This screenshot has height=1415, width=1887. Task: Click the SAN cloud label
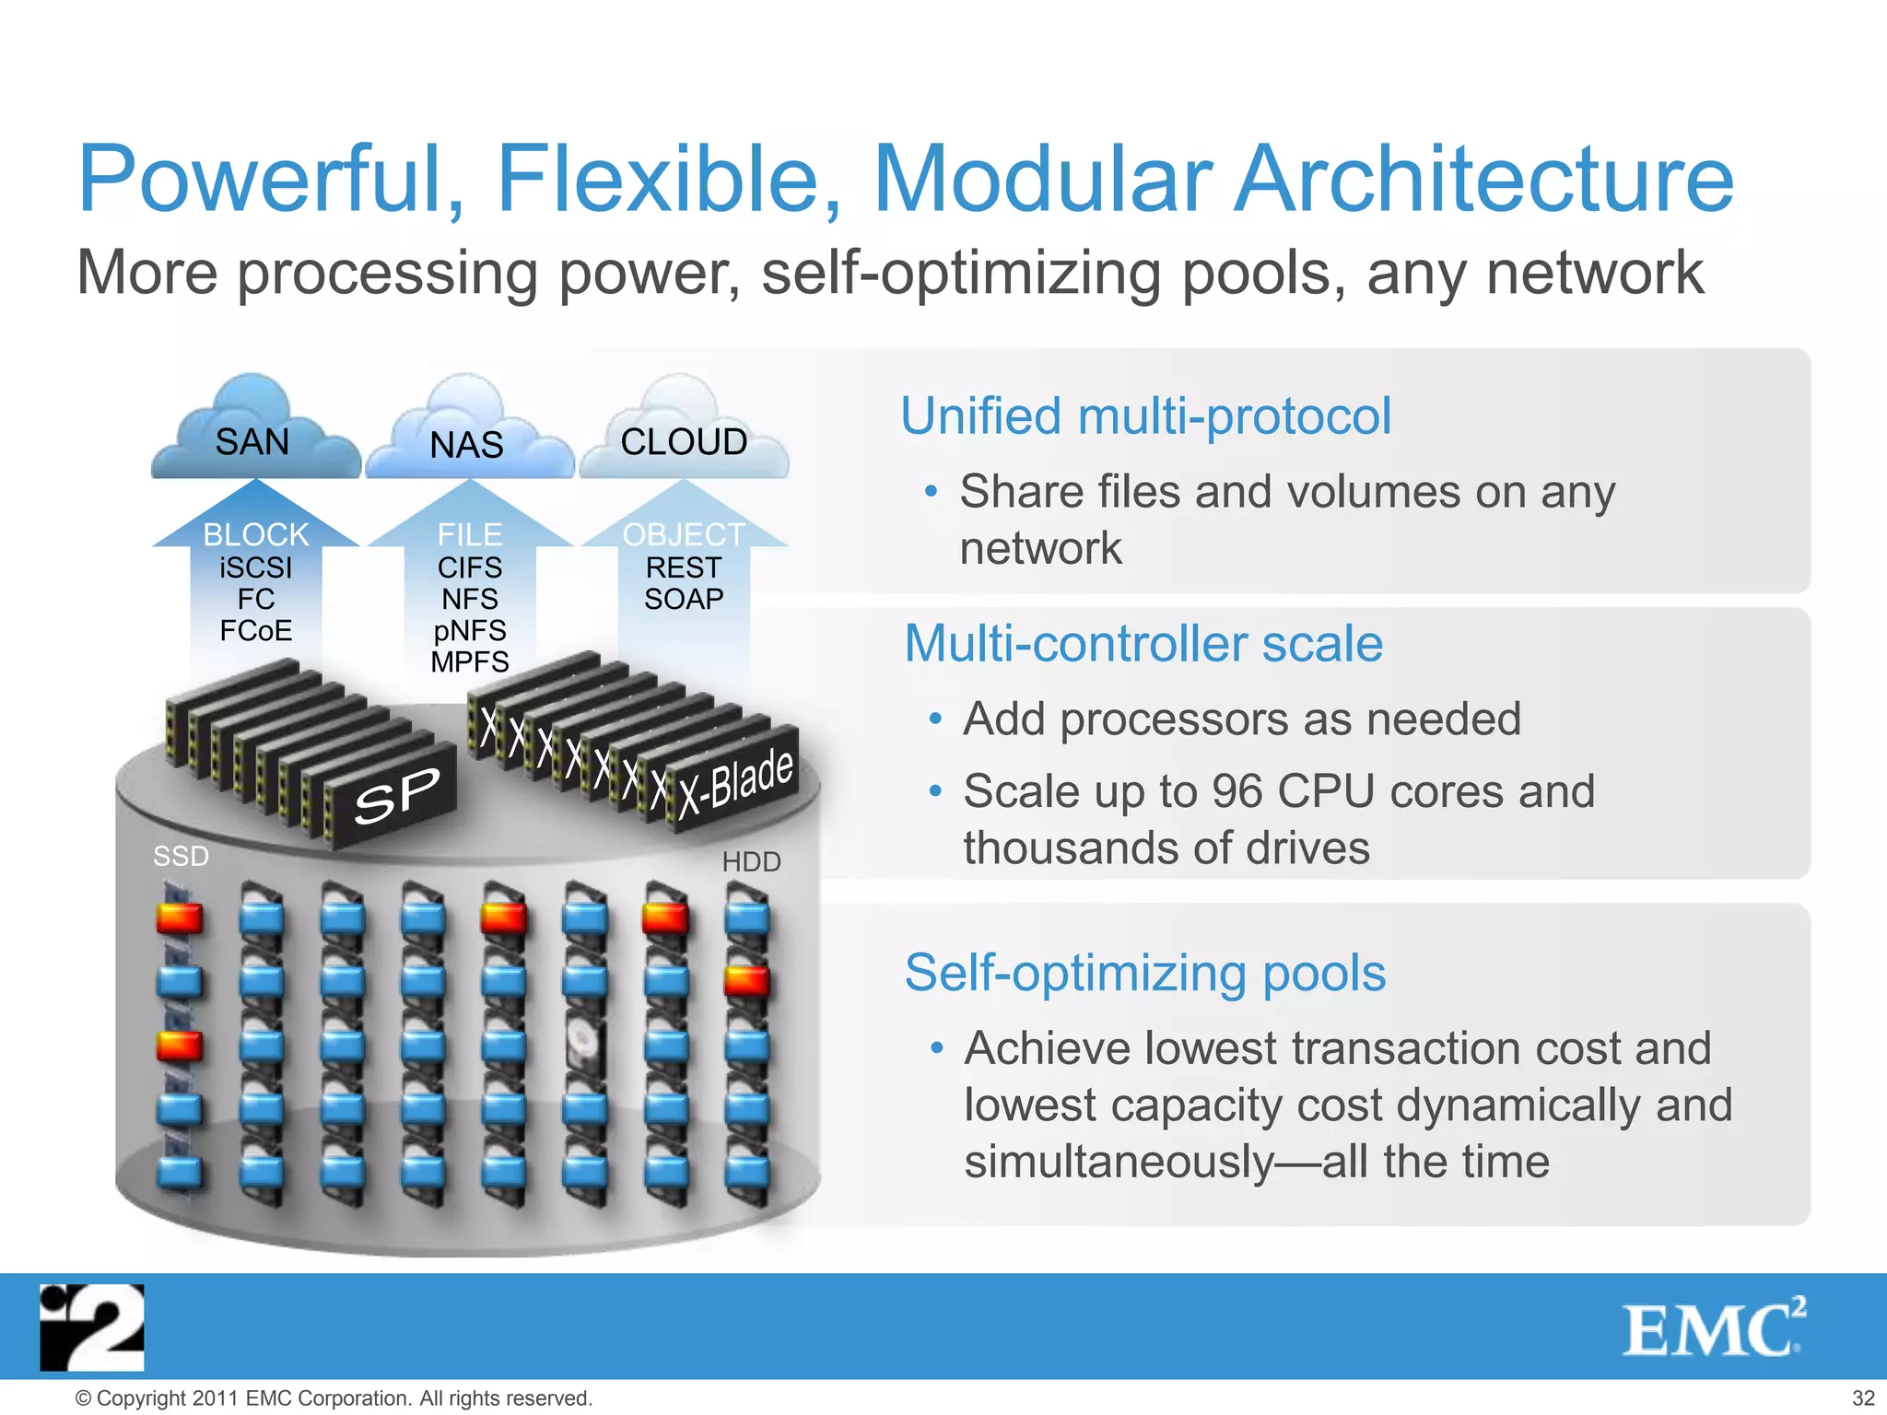pyautogui.click(x=252, y=442)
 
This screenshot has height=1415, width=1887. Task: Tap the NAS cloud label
pyautogui.click(x=466, y=446)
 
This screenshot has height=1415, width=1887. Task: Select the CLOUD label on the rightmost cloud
pyautogui.click(x=684, y=442)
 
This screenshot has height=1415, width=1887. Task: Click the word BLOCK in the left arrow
pyautogui.click(x=255, y=534)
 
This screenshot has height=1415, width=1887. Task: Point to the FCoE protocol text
pyautogui.click(x=255, y=631)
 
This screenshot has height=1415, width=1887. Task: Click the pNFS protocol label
pyautogui.click(x=470, y=631)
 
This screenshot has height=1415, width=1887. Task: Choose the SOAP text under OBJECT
pyautogui.click(x=684, y=600)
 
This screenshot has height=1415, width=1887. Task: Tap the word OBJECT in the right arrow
pyautogui.click(x=684, y=534)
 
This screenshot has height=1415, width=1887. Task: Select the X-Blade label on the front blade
pyautogui.click(x=736, y=783)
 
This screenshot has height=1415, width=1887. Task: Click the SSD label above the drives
pyautogui.click(x=181, y=857)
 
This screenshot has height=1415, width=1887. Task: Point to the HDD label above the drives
pyautogui.click(x=751, y=862)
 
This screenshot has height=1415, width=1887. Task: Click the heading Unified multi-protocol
pyautogui.click(x=1145, y=416)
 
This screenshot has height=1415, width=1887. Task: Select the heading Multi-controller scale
pyautogui.click(x=1143, y=643)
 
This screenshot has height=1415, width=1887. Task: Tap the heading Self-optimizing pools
pyautogui.click(x=1144, y=973)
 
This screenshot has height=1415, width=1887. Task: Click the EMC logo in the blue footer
pyautogui.click(x=1712, y=1327)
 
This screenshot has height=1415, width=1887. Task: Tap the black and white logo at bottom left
pyautogui.click(x=92, y=1327)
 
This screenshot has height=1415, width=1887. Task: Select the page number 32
pyautogui.click(x=1863, y=1398)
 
